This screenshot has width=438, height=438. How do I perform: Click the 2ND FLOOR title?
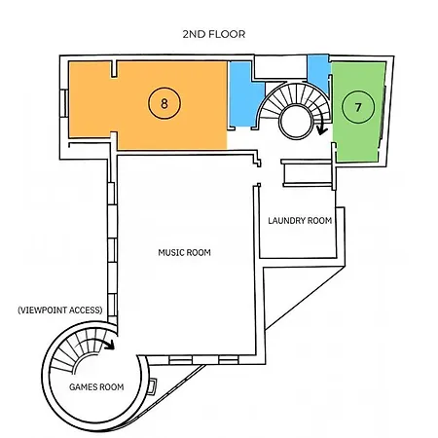click(x=214, y=34)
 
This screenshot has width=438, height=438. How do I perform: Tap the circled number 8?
click(x=164, y=103)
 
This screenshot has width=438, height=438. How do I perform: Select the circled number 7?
click(x=358, y=107)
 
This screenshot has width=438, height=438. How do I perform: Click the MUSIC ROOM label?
click(x=184, y=252)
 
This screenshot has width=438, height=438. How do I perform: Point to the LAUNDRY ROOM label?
click(x=300, y=221)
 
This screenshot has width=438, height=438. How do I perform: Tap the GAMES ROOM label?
click(x=96, y=386)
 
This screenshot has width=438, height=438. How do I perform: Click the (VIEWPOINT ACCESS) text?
click(x=60, y=310)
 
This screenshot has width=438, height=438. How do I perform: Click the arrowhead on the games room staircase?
click(x=111, y=345)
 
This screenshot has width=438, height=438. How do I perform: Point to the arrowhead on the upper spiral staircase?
click(x=321, y=130)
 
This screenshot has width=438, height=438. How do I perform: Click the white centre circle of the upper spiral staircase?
click(x=296, y=121)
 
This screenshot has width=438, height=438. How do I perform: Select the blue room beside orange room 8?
click(x=245, y=94)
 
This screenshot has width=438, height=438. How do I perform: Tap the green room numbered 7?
click(x=358, y=112)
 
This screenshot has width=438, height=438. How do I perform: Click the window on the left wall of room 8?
click(x=64, y=102)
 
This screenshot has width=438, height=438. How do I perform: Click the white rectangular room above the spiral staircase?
click(x=280, y=67)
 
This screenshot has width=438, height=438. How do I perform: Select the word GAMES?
click(x=82, y=386)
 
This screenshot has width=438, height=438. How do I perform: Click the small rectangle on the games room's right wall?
click(x=152, y=386)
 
